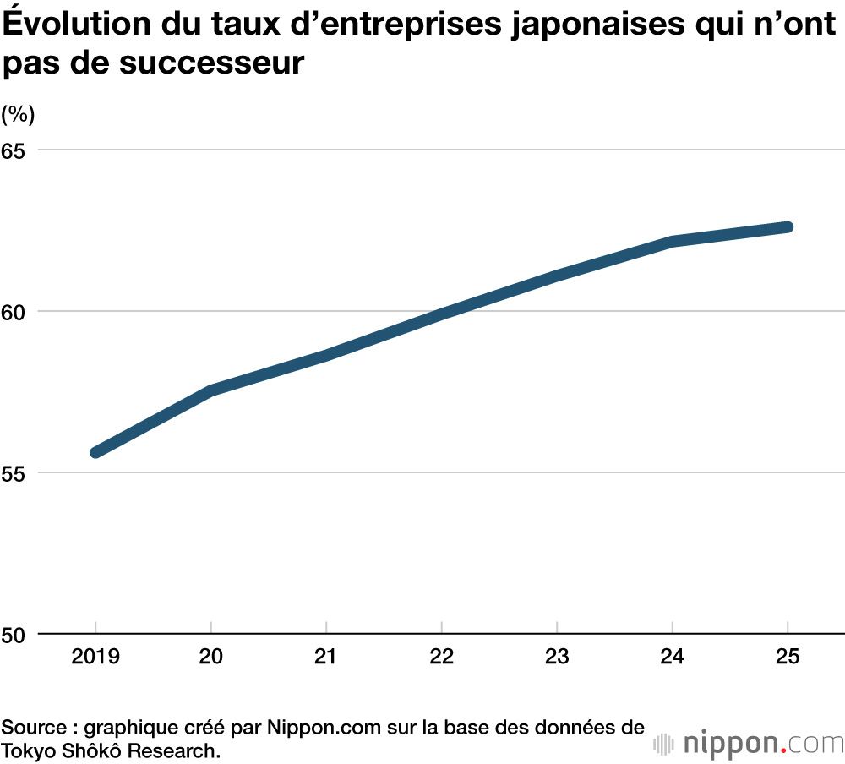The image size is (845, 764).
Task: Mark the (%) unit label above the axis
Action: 18,114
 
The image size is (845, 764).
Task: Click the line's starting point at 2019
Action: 96,452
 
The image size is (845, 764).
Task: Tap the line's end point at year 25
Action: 788,226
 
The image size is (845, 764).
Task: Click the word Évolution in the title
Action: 74,25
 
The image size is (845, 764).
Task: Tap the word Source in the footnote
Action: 31,727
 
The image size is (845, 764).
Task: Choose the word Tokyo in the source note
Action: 28,750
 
